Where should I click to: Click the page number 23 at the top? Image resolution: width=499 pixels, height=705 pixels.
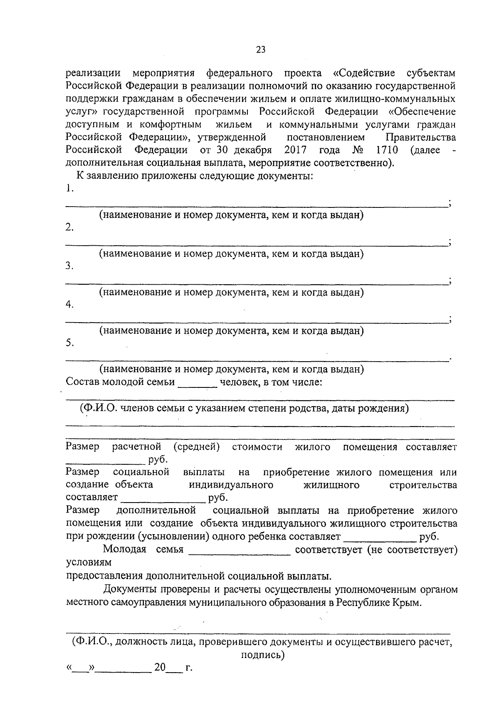point(261,50)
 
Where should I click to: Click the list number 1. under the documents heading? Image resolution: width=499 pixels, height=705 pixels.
point(70,188)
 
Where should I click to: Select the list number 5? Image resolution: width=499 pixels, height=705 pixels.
point(70,343)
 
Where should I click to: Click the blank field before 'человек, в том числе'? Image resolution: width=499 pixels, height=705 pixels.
point(198,383)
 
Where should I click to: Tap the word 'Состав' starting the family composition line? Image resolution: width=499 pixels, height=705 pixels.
point(82,382)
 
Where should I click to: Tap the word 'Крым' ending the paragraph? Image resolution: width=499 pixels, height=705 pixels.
point(407,603)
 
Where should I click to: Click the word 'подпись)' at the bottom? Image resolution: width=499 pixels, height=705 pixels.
point(263,655)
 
